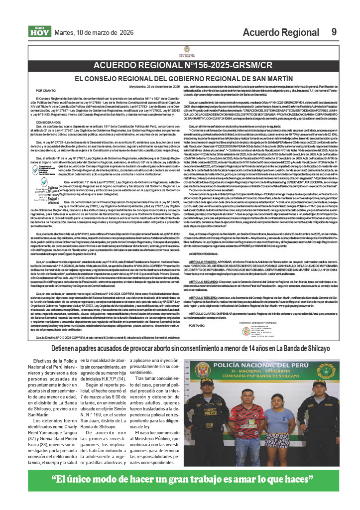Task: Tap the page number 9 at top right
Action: coord(334,32)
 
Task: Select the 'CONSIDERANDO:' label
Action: coord(50,122)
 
